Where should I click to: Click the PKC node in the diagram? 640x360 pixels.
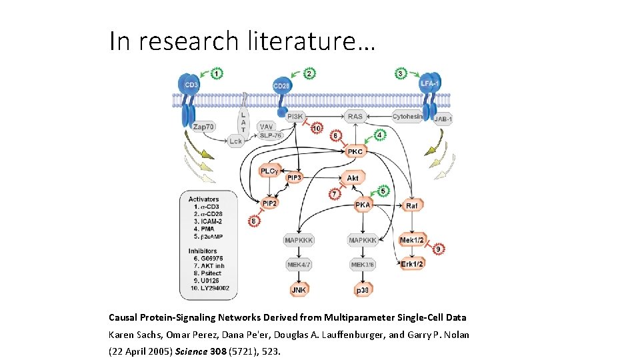coord(355,151)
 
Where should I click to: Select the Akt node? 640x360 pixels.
coord(353,178)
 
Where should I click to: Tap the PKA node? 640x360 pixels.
coord(363,205)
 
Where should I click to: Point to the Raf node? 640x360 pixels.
coord(412,205)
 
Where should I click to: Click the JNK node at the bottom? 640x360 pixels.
coord(298,290)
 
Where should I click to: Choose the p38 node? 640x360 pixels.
coord(363,290)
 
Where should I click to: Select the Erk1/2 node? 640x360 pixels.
coord(412,264)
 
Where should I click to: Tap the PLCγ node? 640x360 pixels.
coord(269,171)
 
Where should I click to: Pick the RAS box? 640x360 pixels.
coord(355,117)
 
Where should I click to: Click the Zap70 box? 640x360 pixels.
coord(204,126)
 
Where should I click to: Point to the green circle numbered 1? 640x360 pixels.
coord(217,73)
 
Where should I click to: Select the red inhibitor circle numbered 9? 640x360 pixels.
coord(438,249)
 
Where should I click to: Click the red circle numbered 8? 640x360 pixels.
coord(254,221)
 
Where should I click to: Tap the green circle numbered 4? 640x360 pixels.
coord(379,135)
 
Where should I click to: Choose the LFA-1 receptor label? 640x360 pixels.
coord(429,83)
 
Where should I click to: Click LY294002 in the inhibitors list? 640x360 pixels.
coord(209,287)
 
